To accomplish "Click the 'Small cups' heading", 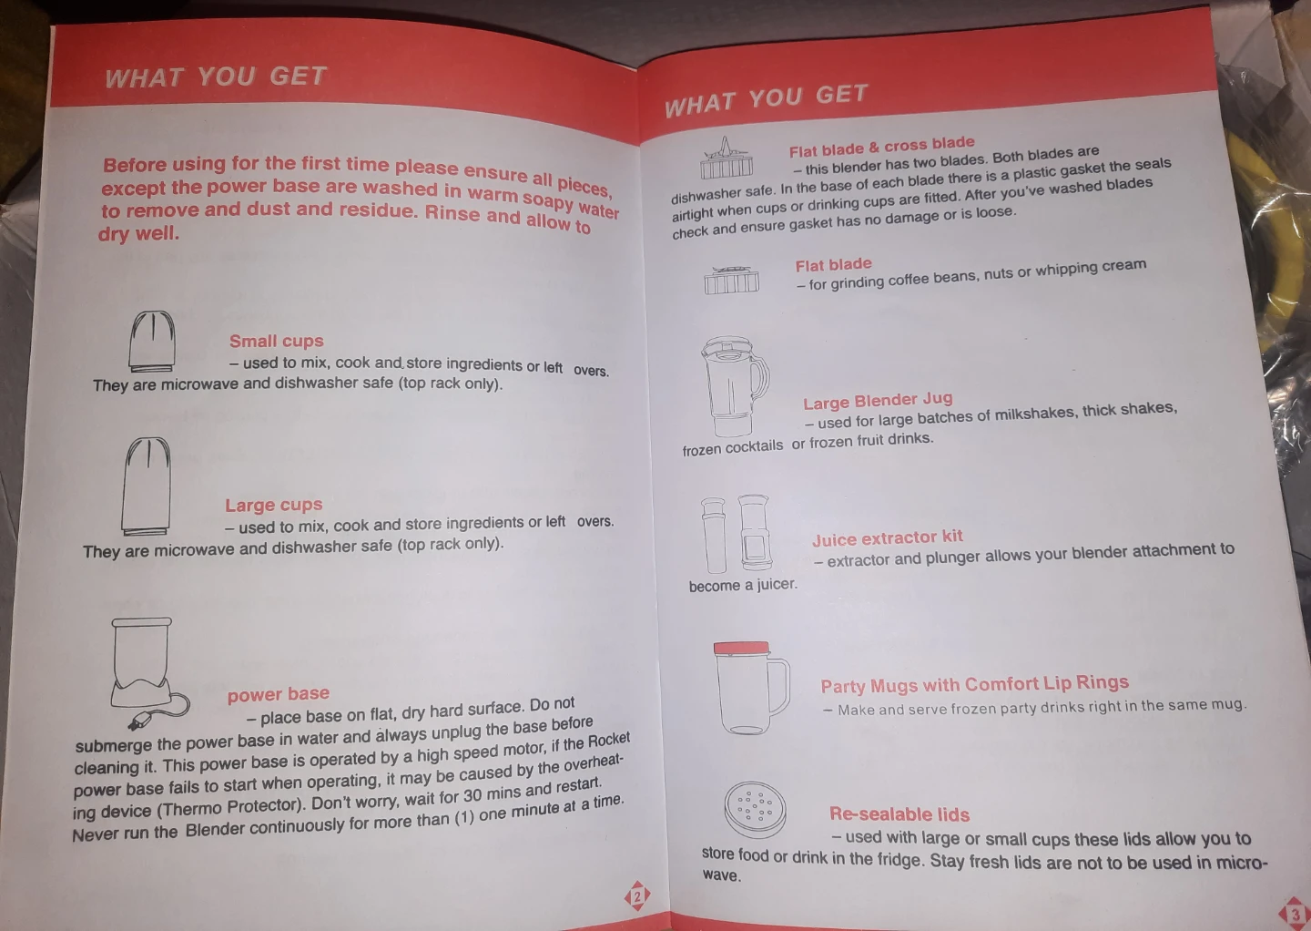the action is pos(276,341).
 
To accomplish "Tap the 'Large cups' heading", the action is pos(274,505).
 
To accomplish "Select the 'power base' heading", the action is pos(279,694).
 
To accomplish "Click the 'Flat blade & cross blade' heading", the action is pos(881,147).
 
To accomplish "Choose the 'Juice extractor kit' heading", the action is pos(888,537).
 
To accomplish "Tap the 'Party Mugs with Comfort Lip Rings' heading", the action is pos(974,684).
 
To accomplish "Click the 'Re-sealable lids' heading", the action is pos(899,813).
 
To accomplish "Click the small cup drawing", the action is pos(151,342).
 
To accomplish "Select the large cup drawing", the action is pos(147,486).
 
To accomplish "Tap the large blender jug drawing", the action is pos(735,386).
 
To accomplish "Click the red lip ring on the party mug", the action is pos(741,649).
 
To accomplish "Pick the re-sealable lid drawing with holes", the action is pos(755,810).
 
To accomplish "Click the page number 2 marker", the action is pos(637,895).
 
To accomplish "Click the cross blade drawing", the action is pos(727,158).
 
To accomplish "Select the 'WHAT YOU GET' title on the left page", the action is pos(216,77).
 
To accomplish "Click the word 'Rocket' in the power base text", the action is pos(609,740).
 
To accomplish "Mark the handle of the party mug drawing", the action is pos(780,686).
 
